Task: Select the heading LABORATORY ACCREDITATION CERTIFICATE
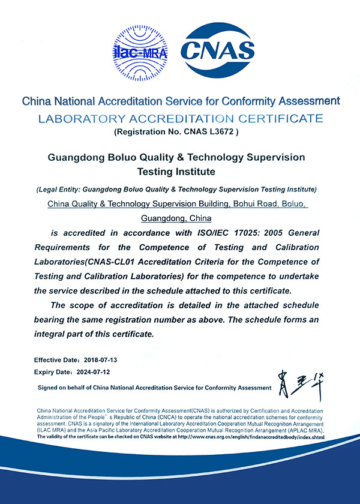pyautogui.click(x=180, y=118)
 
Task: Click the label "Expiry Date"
pyautogui.click(x=52, y=372)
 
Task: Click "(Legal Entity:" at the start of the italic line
pyautogui.click(x=58, y=190)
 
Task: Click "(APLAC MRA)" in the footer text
pyautogui.click(x=303, y=431)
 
